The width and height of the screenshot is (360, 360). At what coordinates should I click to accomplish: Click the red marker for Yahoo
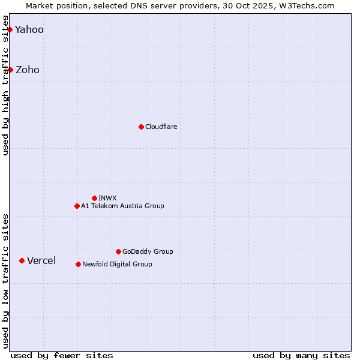pyautogui.click(x=10, y=29)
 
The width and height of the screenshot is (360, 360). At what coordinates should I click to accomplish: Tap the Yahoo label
pyautogui.click(x=29, y=30)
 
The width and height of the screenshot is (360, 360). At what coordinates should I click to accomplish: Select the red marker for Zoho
pyautogui.click(x=10, y=70)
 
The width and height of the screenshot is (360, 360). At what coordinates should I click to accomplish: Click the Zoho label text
pyautogui.click(x=28, y=70)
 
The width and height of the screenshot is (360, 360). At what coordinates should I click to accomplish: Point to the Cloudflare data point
pyautogui.click(x=141, y=127)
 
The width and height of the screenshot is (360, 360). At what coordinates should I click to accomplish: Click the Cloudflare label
pyautogui.click(x=161, y=127)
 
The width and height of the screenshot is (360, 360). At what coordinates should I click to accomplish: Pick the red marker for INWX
pyautogui.click(x=94, y=198)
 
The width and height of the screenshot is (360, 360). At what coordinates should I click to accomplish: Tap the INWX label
pyautogui.click(x=108, y=198)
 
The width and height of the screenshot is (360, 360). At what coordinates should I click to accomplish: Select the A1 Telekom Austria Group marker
pyautogui.click(x=77, y=206)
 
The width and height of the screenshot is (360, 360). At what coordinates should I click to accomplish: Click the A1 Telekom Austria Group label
pyautogui.click(x=122, y=206)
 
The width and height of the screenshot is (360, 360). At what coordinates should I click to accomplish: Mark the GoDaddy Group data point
pyautogui.click(x=118, y=251)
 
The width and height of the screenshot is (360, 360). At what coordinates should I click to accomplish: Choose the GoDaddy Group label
pyautogui.click(x=148, y=252)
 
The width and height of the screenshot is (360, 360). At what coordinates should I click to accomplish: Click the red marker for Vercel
pyautogui.click(x=22, y=260)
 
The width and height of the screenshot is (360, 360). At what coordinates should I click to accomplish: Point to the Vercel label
pyautogui.click(x=41, y=261)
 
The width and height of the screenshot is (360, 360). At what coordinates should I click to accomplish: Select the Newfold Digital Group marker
pyautogui.click(x=78, y=264)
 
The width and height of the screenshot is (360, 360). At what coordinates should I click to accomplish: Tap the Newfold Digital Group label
pyautogui.click(x=117, y=265)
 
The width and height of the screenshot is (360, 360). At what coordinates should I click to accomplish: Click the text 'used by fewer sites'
pyautogui.click(x=62, y=355)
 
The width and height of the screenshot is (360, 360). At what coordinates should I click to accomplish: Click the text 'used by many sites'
pyautogui.click(x=301, y=355)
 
